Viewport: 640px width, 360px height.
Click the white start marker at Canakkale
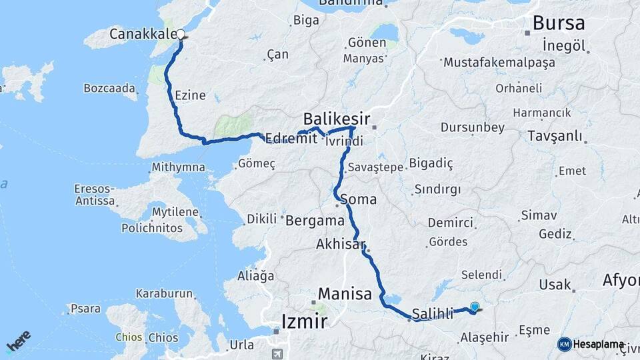point(180,35)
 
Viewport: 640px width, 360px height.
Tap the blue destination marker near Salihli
point(474,307)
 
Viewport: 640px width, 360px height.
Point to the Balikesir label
point(336,119)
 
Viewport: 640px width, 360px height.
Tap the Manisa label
point(345,293)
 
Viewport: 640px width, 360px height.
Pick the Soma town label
point(358,199)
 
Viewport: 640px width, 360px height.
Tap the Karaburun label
point(164,293)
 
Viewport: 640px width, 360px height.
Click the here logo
point(18,341)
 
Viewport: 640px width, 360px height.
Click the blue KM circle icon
point(564,344)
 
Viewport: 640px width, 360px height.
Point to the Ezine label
point(189,96)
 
